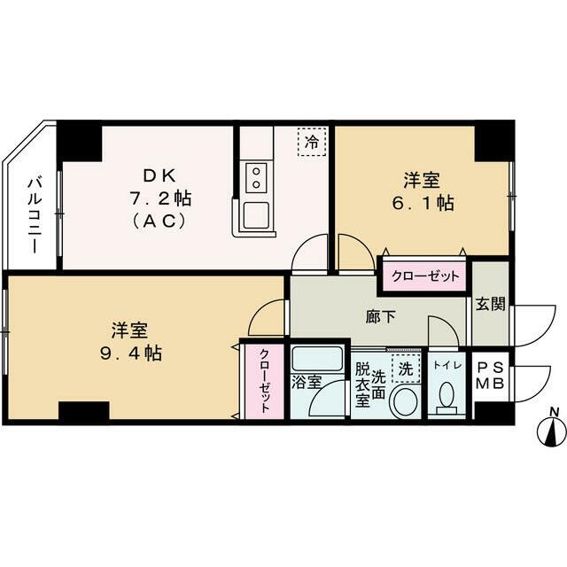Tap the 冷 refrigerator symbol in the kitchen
point(311,142)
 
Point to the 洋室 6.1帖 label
point(423,191)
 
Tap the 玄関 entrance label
point(490,303)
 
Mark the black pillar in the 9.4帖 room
point(83,412)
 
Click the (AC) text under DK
point(158,221)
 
